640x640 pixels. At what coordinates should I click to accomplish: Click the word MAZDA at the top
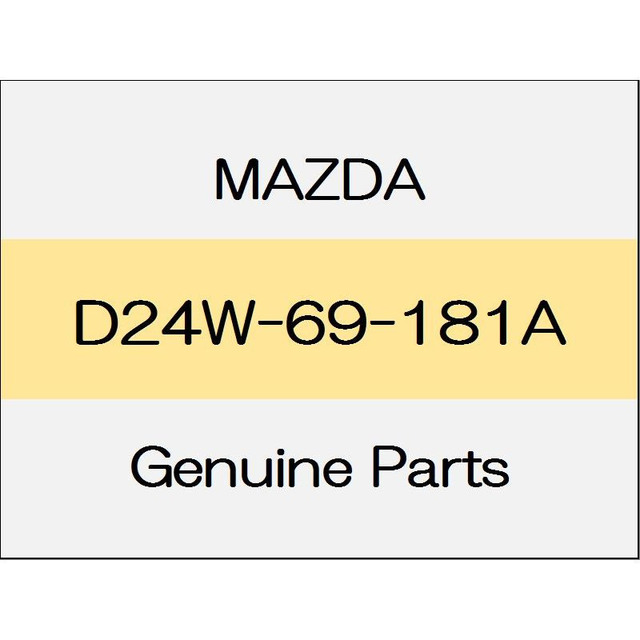tap(320, 179)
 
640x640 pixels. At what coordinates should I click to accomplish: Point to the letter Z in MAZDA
tap(322, 179)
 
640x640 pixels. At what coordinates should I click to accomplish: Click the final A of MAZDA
tap(405, 179)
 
